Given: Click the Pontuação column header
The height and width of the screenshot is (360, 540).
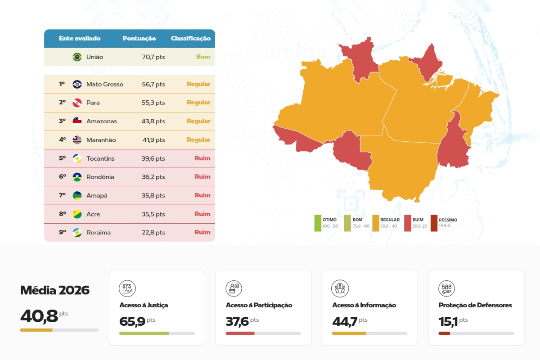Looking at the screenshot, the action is click(x=139, y=38).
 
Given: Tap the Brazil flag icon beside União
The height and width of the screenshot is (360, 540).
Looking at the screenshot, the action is click(x=77, y=57).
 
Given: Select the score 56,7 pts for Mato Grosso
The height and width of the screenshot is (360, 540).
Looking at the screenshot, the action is click(x=153, y=84).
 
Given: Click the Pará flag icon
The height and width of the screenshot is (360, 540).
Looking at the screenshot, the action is click(x=77, y=103).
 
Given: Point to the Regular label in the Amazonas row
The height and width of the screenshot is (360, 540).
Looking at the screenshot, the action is click(x=198, y=121).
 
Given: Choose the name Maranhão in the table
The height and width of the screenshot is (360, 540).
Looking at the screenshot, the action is click(x=101, y=140).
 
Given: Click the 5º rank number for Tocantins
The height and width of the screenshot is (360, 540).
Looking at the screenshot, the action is click(x=62, y=158).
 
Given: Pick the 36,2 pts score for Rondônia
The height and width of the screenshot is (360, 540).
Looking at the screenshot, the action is click(x=153, y=177).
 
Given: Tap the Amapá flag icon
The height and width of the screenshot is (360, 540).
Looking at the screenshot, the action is click(x=77, y=195).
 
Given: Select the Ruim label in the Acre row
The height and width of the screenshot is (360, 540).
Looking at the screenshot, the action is click(x=202, y=214).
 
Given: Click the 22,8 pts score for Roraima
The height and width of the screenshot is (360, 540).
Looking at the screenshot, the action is click(x=153, y=233).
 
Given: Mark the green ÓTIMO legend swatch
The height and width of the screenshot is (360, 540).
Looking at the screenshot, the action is click(x=318, y=223).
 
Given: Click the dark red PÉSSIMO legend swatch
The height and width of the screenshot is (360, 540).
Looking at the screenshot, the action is click(x=434, y=223).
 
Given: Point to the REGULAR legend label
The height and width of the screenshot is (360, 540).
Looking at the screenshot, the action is click(x=390, y=220).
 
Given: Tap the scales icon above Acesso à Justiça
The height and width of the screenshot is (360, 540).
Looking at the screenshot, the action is click(x=127, y=288).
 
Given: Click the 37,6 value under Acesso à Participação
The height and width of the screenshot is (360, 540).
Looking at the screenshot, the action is click(x=237, y=321).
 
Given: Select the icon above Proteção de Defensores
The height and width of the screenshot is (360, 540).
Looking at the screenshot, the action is click(x=446, y=288).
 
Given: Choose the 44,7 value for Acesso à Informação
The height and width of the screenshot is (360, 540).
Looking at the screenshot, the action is click(x=345, y=321).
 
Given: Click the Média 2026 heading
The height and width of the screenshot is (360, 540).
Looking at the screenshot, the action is click(x=55, y=290).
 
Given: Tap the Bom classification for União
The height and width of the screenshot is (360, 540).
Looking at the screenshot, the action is click(x=203, y=57).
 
